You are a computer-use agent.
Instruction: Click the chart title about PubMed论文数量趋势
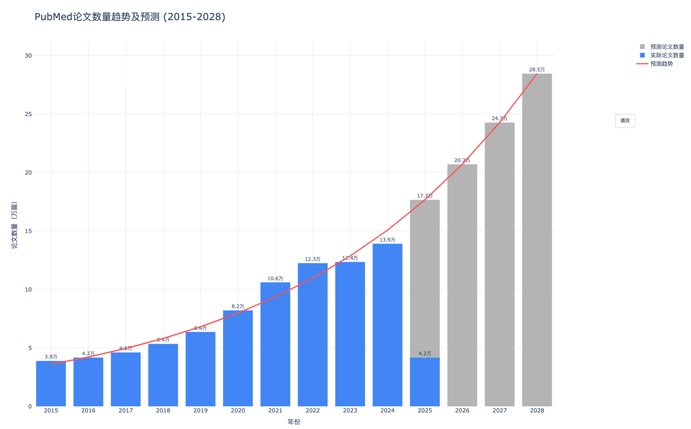[x=130, y=17]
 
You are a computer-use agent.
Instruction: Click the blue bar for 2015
[x=51, y=383]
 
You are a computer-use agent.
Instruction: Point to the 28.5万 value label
[x=537, y=70]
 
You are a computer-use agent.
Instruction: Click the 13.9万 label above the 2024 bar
[x=387, y=240]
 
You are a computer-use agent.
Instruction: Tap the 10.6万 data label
[x=275, y=279]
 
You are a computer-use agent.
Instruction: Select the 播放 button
[x=625, y=121]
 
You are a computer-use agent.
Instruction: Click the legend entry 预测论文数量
[x=667, y=47]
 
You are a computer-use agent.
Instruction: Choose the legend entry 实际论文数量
[x=667, y=55]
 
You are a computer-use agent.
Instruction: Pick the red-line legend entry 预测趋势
[x=661, y=64]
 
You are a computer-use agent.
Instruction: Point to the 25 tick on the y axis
[x=28, y=114]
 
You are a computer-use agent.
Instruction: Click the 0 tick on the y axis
[x=30, y=406]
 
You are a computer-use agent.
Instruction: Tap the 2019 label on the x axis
[x=201, y=410]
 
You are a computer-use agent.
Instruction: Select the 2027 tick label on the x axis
[x=500, y=410]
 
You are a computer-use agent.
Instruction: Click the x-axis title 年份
[x=294, y=422]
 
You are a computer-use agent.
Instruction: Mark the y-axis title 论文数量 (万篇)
[x=15, y=225]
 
